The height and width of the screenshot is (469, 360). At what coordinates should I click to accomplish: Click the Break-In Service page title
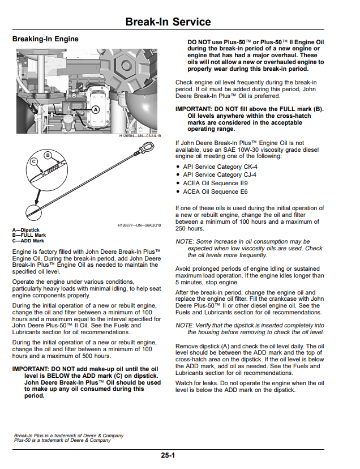coord(168,22)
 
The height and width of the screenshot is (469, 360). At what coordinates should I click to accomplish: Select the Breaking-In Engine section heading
coord(45,39)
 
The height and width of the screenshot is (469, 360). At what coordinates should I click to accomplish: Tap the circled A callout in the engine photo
coord(96,110)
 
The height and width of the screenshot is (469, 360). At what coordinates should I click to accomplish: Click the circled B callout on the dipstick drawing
coord(48,155)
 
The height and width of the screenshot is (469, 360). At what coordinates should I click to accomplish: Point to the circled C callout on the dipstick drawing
coord(34,161)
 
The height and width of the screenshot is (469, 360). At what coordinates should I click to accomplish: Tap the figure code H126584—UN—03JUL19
coord(140,136)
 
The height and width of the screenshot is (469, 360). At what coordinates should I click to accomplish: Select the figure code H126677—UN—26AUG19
coord(139,225)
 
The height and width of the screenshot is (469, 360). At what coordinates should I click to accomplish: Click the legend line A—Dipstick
coord(26,230)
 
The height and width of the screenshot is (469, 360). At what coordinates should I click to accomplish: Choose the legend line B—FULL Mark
coord(29,235)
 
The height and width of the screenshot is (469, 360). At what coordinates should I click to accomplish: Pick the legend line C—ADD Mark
coord(28,241)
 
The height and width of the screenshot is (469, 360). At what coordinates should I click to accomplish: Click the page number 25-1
coord(168,455)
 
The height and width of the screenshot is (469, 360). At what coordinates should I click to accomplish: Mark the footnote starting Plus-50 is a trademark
coord(62,440)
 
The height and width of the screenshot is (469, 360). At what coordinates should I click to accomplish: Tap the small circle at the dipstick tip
coord(33,212)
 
